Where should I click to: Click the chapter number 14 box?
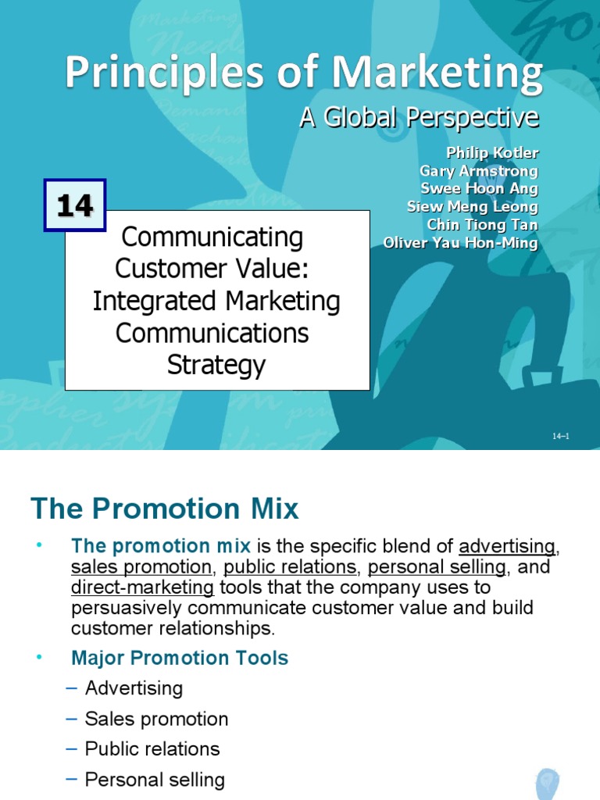pyautogui.click(x=75, y=206)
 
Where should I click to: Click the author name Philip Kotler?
pyautogui.click(x=492, y=152)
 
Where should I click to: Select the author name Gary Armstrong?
pyautogui.click(x=479, y=170)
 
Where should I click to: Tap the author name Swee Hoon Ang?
pyautogui.click(x=480, y=188)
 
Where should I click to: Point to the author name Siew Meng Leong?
pyautogui.click(x=473, y=206)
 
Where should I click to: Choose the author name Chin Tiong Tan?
pyautogui.click(x=482, y=224)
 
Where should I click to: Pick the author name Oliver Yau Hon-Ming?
pyautogui.click(x=461, y=243)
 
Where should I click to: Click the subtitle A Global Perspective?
pyautogui.click(x=420, y=117)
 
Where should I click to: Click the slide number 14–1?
pyautogui.click(x=561, y=436)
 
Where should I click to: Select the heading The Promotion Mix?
pyautogui.click(x=165, y=509)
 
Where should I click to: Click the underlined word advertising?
pyautogui.click(x=507, y=545)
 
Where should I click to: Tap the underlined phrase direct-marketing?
pyautogui.click(x=142, y=587)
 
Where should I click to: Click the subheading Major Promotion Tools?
pyautogui.click(x=180, y=658)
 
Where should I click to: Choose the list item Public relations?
pyautogui.click(x=152, y=748)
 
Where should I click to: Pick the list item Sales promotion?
pyautogui.click(x=156, y=719)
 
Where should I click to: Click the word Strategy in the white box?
pyautogui.click(x=216, y=365)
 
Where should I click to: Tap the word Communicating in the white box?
pyautogui.click(x=212, y=236)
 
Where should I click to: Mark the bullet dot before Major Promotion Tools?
pyautogui.click(x=37, y=658)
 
